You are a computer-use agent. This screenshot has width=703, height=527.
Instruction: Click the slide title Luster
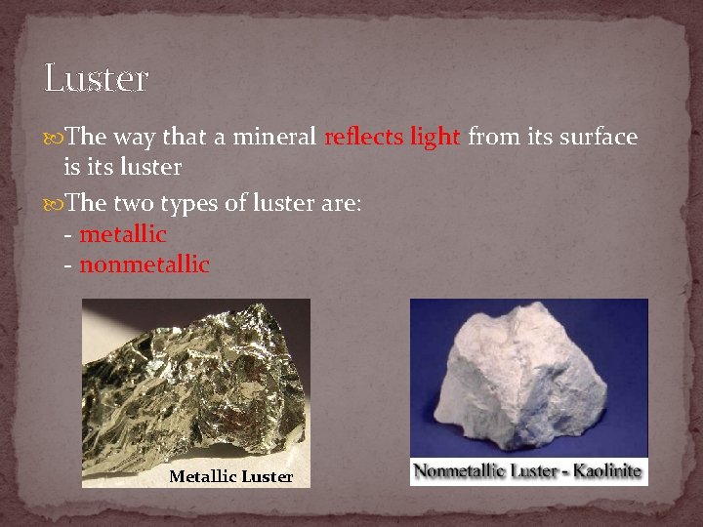96,77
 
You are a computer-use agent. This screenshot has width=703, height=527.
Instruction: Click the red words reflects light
392,138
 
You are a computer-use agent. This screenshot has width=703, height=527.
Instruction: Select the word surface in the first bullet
596,138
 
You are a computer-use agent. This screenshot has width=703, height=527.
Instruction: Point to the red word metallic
123,235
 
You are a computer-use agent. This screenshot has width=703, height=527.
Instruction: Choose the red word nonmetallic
145,264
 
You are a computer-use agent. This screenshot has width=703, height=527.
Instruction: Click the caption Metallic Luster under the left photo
230,476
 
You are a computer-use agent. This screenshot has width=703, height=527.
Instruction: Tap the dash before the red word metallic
67,235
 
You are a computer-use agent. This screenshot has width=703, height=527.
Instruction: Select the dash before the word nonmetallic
67,264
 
